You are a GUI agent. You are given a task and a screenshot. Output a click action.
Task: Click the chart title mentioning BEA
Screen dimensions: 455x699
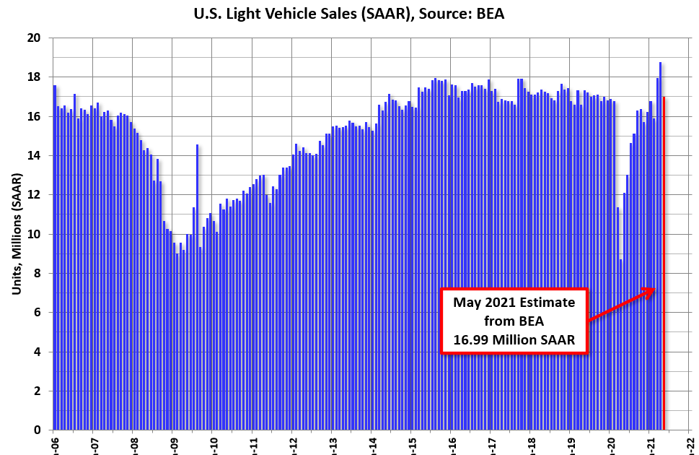(349, 13)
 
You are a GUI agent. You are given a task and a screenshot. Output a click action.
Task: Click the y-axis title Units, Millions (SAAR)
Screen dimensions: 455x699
(16, 233)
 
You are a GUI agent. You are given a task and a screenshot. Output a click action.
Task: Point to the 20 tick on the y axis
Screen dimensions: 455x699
(34, 38)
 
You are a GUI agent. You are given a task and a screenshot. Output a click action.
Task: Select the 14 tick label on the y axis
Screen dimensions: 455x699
(34, 155)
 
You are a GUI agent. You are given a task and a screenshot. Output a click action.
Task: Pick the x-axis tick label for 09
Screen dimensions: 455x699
(173, 441)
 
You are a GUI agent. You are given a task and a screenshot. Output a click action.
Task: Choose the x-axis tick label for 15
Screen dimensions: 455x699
(411, 441)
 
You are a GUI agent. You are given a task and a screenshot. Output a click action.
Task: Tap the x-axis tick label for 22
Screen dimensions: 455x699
(689, 441)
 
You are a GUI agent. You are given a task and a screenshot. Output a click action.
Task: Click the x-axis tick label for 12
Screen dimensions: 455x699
(292, 441)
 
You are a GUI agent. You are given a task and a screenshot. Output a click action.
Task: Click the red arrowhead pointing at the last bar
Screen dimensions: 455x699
(651, 290)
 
